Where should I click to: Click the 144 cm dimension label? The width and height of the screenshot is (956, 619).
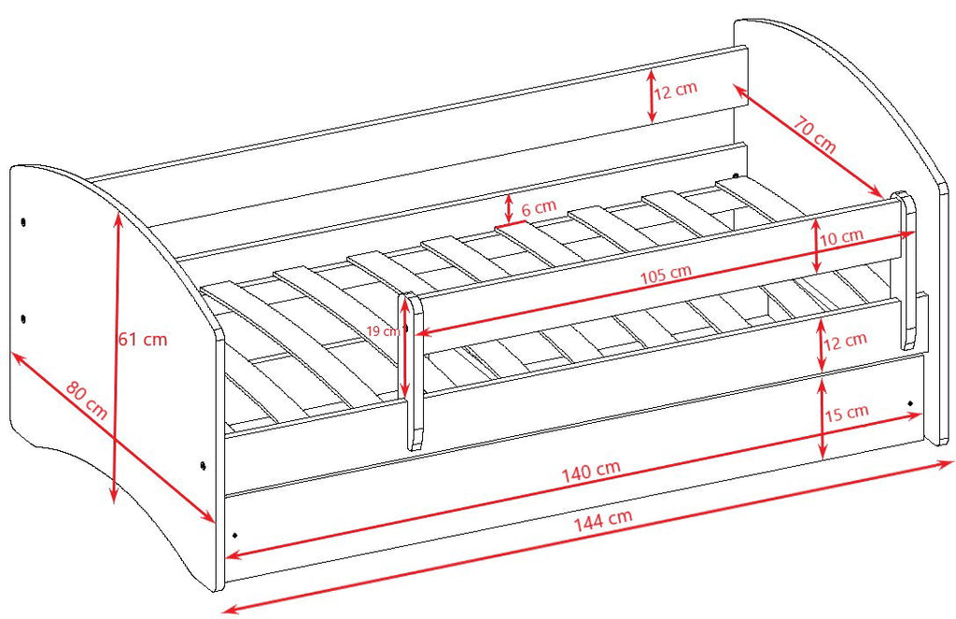[603, 520]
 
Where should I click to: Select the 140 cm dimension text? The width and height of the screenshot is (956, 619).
[591, 471]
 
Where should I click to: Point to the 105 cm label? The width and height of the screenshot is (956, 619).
[666, 274]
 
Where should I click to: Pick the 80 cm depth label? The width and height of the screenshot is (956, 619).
[87, 401]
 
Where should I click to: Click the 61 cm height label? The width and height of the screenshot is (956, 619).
[143, 339]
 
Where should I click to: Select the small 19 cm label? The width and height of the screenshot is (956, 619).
[383, 331]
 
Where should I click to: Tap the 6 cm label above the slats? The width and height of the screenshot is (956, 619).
[539, 207]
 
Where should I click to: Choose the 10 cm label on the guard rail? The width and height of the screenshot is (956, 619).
[841, 236]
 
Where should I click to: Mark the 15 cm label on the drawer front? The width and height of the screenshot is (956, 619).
[847, 413]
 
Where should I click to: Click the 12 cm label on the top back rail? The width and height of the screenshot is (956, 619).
[676, 91]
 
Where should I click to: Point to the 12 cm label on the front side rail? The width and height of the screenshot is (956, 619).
[845, 341]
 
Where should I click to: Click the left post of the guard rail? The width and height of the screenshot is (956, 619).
[413, 372]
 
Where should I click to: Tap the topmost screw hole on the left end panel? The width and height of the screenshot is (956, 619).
[23, 221]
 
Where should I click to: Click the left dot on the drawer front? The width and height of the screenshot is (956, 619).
[235, 536]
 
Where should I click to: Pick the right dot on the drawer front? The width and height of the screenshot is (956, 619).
[910, 403]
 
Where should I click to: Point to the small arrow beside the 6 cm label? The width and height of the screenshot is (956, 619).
[509, 209]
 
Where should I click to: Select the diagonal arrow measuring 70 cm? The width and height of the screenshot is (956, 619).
[808, 142]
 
